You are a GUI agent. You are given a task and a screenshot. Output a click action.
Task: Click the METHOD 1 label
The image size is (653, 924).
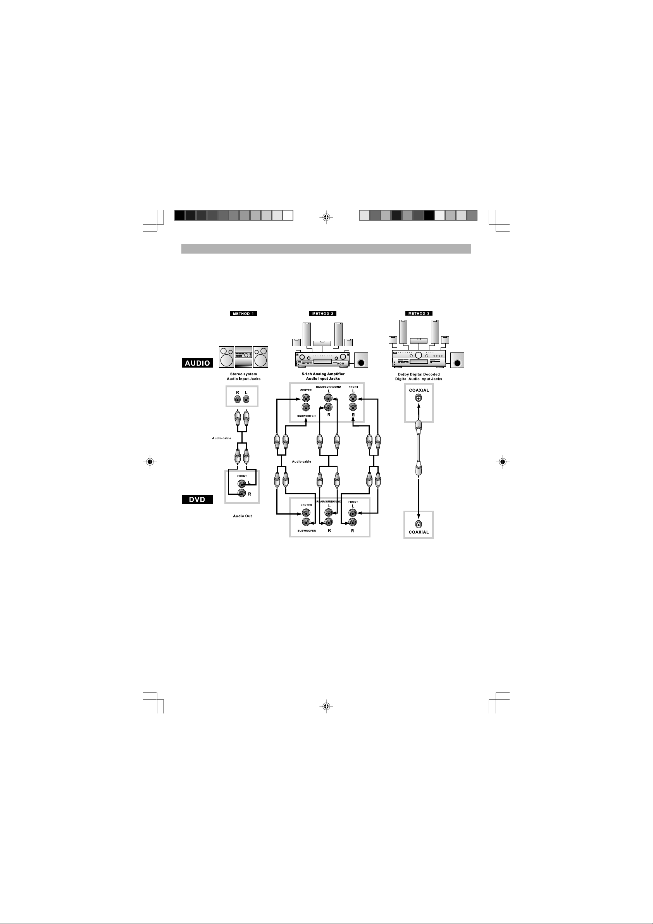[x=243, y=314]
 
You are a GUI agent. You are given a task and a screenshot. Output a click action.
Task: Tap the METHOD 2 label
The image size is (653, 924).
[x=323, y=314]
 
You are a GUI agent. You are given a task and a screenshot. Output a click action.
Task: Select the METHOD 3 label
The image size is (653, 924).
[x=419, y=314]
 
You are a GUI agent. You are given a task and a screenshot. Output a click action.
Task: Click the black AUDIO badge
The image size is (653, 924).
[x=197, y=363]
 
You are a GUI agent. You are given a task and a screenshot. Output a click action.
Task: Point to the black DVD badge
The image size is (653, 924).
[x=197, y=499]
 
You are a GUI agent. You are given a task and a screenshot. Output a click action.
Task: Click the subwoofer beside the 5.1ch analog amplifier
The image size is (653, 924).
[x=361, y=360]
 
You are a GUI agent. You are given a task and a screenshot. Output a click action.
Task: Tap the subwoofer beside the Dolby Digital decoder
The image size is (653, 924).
[x=457, y=360]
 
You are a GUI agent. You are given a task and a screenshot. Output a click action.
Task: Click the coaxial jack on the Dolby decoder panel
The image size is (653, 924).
[x=419, y=398]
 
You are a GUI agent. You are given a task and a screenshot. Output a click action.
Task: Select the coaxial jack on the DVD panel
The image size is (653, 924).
[x=419, y=524]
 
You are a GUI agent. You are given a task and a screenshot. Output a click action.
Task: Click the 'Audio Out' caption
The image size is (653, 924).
[x=243, y=516]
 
